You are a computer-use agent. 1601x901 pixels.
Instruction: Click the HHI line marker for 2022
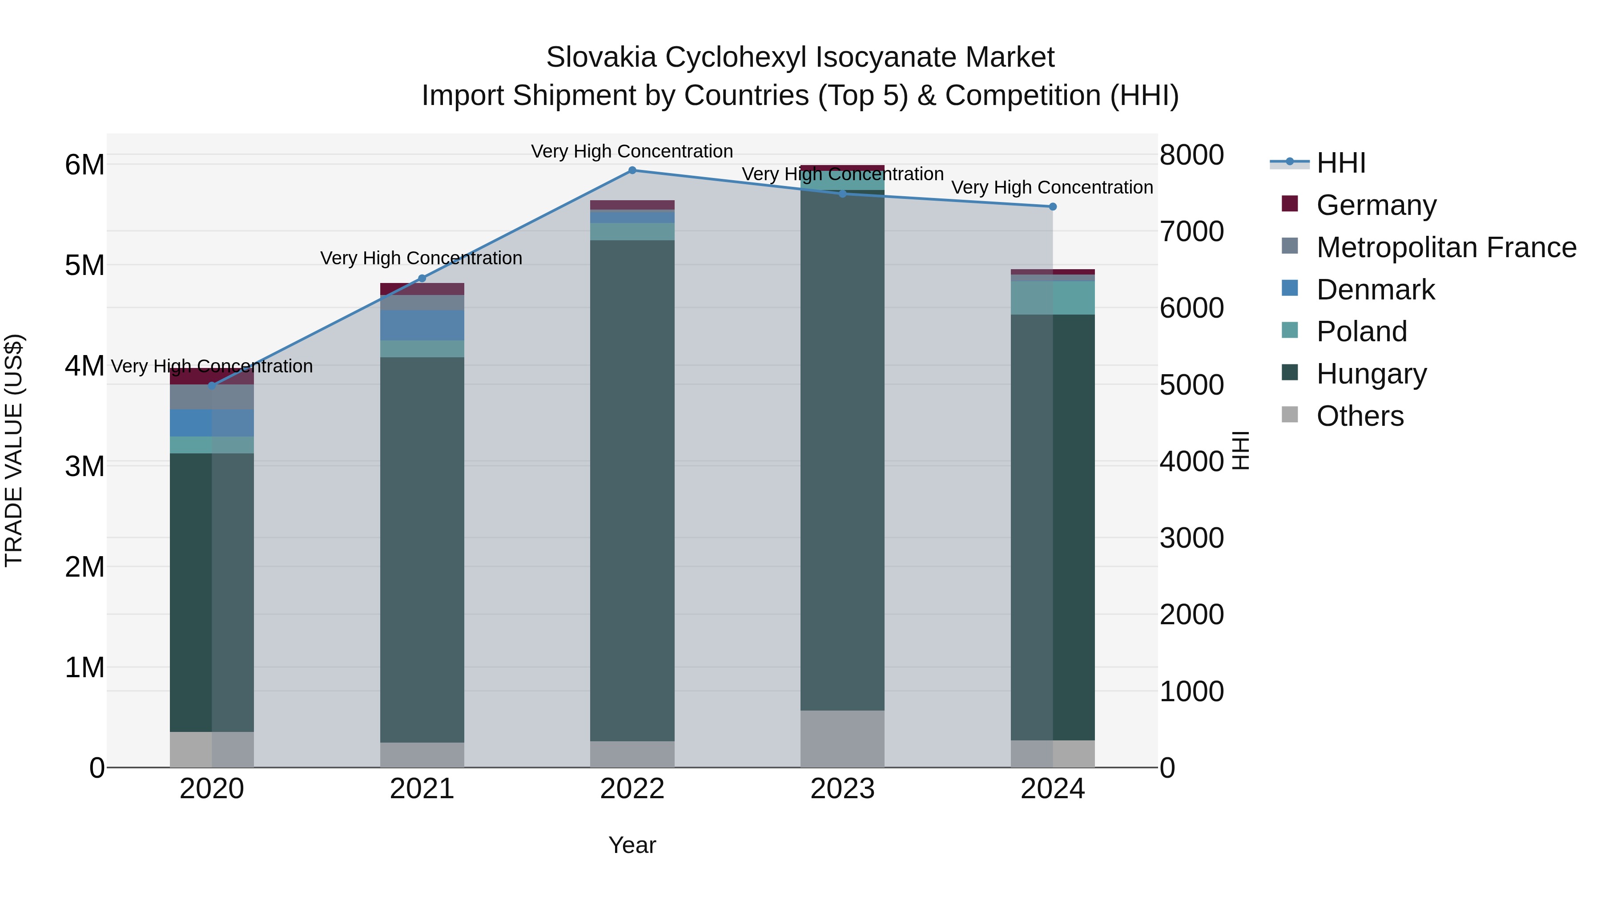click(x=632, y=170)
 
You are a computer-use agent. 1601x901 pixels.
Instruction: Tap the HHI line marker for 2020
click(x=212, y=385)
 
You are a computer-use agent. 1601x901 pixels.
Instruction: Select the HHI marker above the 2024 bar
click(x=1052, y=206)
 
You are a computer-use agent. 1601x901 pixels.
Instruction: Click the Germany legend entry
click(x=1376, y=205)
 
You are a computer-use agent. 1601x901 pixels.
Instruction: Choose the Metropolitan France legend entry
click(x=1446, y=247)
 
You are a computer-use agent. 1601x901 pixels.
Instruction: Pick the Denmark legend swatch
click(x=1290, y=288)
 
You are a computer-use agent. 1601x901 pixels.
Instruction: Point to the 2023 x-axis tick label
click(x=842, y=789)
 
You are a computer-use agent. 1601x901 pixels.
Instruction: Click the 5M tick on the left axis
click(x=85, y=266)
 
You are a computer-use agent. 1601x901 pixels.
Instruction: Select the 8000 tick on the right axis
click(x=1191, y=155)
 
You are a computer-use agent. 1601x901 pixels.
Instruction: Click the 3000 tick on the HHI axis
click(x=1191, y=538)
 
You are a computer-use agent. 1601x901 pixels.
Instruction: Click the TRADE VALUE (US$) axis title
click(x=14, y=450)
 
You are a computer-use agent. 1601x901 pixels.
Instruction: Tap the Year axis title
click(x=632, y=845)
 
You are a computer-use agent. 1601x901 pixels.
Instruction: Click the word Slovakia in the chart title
click(x=601, y=57)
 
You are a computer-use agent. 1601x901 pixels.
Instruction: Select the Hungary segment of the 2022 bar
click(x=632, y=491)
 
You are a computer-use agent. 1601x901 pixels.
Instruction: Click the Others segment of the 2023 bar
click(x=842, y=739)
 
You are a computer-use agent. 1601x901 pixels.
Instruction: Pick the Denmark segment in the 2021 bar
click(x=422, y=325)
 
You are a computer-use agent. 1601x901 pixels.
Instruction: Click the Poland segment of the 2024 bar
click(x=1052, y=297)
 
